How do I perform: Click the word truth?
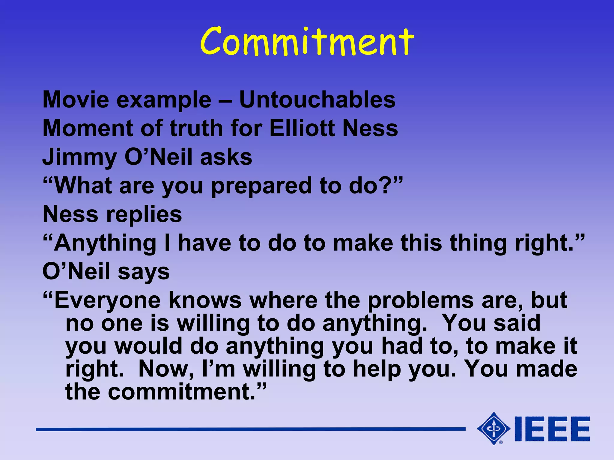pos(196,128)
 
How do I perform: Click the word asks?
pos(226,157)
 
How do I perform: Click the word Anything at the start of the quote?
pos(105,243)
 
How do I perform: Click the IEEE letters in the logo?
pos(552,429)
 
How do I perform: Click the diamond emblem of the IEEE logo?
pos(493,429)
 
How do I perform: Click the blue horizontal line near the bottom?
pos(250,429)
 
